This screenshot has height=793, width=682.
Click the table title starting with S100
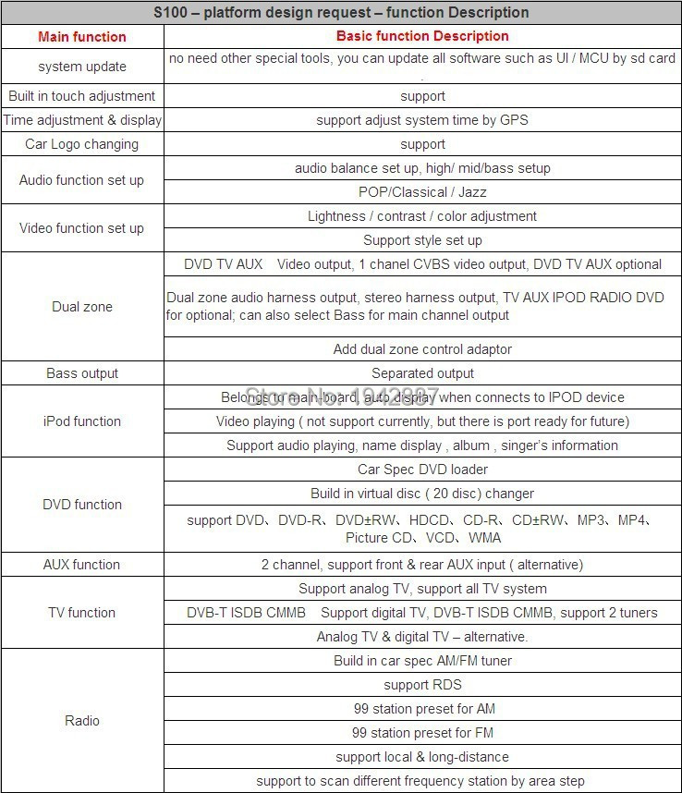(x=341, y=12)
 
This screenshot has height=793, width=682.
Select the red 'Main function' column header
(x=82, y=37)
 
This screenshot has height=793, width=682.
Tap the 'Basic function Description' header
(x=422, y=36)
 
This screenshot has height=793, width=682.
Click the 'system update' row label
(x=82, y=67)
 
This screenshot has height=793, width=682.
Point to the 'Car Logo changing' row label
(x=82, y=144)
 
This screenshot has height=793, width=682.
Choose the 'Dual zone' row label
(x=82, y=307)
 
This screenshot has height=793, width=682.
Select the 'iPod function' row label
(x=82, y=421)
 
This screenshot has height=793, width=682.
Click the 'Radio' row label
(x=82, y=721)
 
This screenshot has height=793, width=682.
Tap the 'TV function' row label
(x=82, y=613)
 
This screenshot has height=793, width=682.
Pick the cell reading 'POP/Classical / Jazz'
(x=422, y=192)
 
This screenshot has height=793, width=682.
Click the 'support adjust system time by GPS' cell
(x=422, y=120)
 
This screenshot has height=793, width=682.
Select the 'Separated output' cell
(x=422, y=373)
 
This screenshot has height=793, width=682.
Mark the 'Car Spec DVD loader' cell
(x=422, y=470)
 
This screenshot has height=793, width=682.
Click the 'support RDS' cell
(x=422, y=685)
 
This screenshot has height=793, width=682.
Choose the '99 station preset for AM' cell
(x=422, y=709)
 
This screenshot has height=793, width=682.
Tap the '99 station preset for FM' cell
(x=422, y=733)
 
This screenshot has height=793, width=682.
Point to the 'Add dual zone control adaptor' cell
(x=422, y=349)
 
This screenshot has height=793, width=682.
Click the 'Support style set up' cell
(x=422, y=240)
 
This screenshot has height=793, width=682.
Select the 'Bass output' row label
(x=82, y=373)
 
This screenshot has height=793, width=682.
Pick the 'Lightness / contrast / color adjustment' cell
(x=422, y=216)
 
